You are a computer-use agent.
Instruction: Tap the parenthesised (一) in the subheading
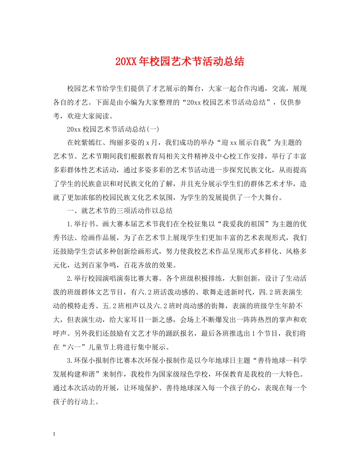tap(153, 129)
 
